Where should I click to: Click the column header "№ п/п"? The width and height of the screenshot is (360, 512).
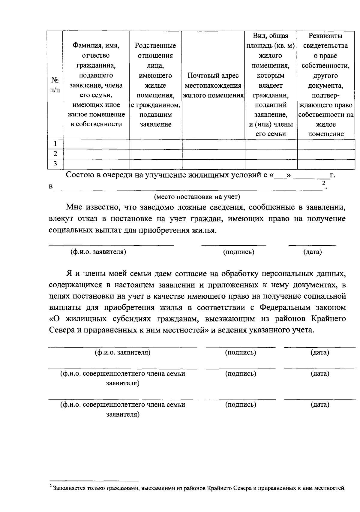[55, 85]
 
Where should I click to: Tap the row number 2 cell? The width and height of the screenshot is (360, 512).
[55, 154]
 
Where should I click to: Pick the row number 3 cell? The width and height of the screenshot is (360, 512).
[55, 164]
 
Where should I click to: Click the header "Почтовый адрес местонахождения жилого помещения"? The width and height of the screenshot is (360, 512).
[213, 85]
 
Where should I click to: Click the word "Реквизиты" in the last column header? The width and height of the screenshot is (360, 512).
[325, 36]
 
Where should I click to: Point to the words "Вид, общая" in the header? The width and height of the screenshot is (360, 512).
[270, 36]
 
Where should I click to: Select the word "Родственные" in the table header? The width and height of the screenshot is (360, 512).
[155, 46]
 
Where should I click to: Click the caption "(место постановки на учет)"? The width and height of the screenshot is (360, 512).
[197, 197]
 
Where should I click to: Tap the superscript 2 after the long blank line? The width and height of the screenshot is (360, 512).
[323, 183]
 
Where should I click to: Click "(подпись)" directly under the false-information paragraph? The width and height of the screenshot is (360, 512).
[238, 252]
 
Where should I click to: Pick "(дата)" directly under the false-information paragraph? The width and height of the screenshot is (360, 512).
[312, 252]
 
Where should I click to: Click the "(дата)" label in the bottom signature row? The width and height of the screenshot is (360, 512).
[320, 405]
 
